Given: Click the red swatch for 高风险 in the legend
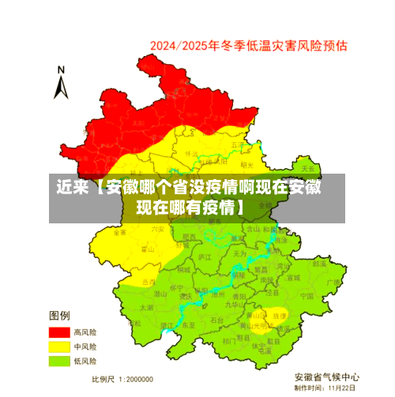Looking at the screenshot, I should pyautogui.click(x=59, y=332).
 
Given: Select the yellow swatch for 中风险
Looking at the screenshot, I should pyautogui.click(x=59, y=346).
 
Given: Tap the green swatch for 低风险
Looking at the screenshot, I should pyautogui.click(x=59, y=361).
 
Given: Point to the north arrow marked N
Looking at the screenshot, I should pyautogui.click(x=60, y=83).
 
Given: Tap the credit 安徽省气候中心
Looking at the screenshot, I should pyautogui.click(x=326, y=376).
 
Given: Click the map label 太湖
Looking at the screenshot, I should pyautogui.click(x=145, y=306).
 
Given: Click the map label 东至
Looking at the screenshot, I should pyautogui.click(x=189, y=324).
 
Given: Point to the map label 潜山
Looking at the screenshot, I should pyautogui.click(x=159, y=293).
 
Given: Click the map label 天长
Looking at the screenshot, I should pyautogui.click(x=308, y=168).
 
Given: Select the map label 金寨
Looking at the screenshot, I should pyautogui.click(x=119, y=233).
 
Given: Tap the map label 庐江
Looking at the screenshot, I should pyautogui.click(x=204, y=257).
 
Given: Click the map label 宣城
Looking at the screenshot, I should pyautogui.click(x=293, y=278).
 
